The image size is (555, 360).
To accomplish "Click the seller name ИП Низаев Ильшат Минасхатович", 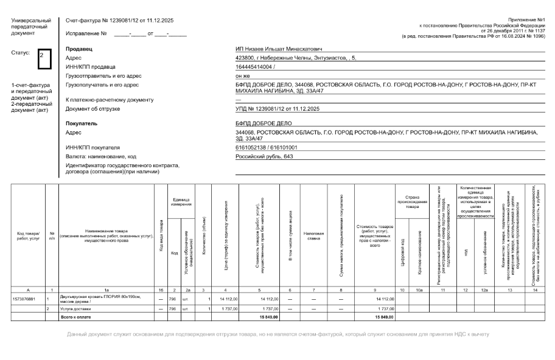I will (x=278, y=49).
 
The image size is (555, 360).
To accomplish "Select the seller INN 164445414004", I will (x=255, y=66).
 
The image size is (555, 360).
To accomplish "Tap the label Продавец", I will (x=79, y=49).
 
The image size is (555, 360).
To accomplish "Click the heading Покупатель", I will (x=81, y=123).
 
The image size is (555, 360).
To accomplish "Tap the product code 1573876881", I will (x=24, y=299).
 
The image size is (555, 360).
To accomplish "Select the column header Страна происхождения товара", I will (x=408, y=198).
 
